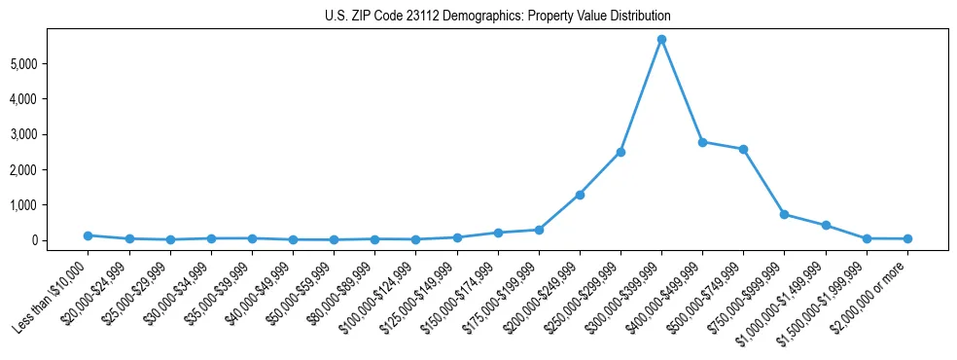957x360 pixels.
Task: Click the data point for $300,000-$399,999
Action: pos(661,39)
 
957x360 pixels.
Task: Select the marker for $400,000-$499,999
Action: pos(702,142)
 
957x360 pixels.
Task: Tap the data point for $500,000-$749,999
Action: pos(743,149)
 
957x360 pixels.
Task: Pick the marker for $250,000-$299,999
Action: pos(620,152)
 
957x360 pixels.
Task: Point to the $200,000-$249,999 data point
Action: pos(580,195)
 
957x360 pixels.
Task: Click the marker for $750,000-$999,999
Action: pos(784,214)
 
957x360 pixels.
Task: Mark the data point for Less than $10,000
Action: pos(88,235)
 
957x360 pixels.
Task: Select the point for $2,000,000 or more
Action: pos(907,238)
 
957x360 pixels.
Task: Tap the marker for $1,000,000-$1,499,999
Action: pos(826,225)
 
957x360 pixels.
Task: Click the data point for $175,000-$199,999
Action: pos(539,230)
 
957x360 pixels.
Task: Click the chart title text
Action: pos(497,17)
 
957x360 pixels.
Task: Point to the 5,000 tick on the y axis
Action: pos(51,64)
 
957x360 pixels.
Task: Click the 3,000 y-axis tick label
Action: pos(51,134)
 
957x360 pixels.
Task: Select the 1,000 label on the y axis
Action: pos(51,205)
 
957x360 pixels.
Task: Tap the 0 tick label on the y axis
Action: pos(60,240)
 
